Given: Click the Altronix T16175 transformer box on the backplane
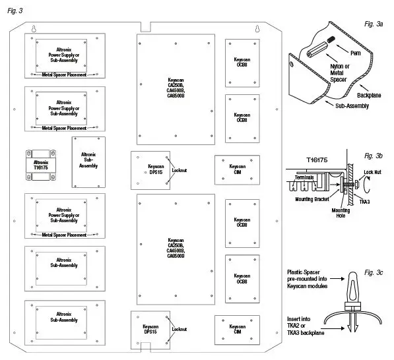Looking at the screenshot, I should click(x=41, y=162).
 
